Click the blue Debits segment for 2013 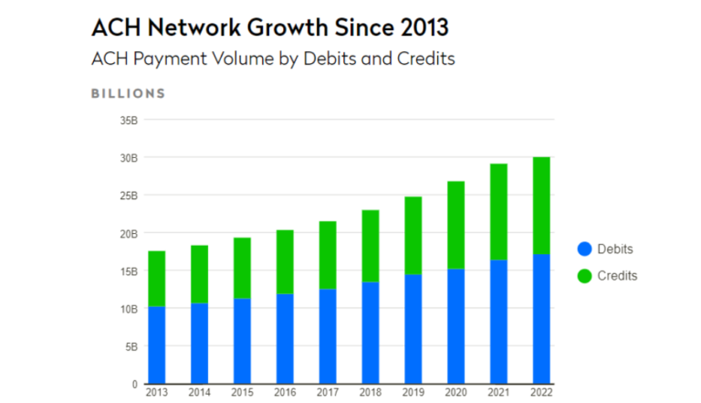click(x=157, y=345)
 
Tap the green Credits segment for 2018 click(x=370, y=246)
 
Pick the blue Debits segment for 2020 click(x=455, y=325)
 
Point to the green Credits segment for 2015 click(x=242, y=268)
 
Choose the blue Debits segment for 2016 click(x=285, y=338)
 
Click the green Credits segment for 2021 click(x=497, y=212)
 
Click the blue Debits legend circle click(x=585, y=249)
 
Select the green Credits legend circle click(x=585, y=275)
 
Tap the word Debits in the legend click(x=614, y=249)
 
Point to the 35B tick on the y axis click(x=127, y=120)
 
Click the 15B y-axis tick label click(x=127, y=270)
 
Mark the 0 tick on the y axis click(x=133, y=385)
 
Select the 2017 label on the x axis click(x=327, y=394)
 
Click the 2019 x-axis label click(x=412, y=394)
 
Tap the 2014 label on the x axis click(x=199, y=394)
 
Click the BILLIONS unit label click(x=128, y=93)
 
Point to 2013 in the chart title click(x=418, y=27)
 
